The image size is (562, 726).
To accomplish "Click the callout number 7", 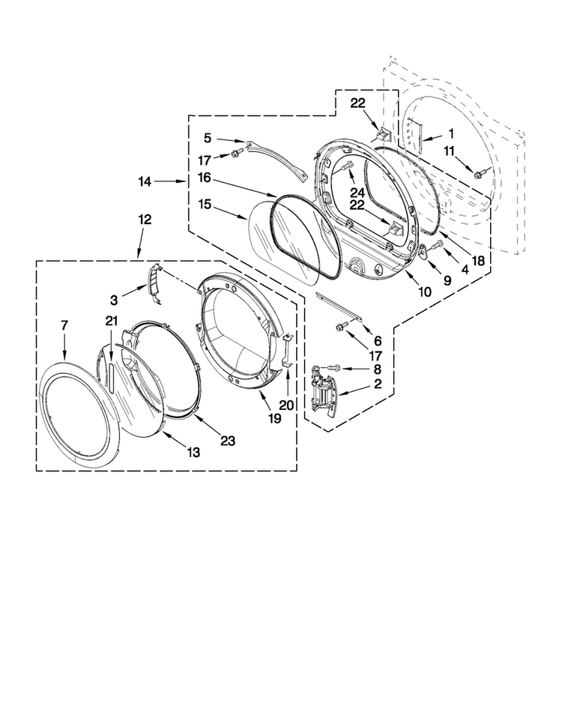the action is [x=64, y=325].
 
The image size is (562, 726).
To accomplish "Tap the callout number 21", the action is [x=112, y=320].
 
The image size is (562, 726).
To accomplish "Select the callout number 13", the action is [x=193, y=452].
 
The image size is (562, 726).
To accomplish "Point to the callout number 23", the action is [x=228, y=441].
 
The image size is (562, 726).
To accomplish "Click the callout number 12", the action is [x=145, y=219].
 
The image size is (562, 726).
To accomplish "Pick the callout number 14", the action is [x=145, y=182].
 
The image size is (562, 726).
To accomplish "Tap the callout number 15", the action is [x=205, y=205].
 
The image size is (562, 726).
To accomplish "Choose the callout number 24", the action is [x=357, y=193].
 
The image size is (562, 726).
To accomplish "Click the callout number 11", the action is [x=449, y=151].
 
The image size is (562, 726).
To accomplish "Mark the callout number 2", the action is [x=378, y=384].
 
